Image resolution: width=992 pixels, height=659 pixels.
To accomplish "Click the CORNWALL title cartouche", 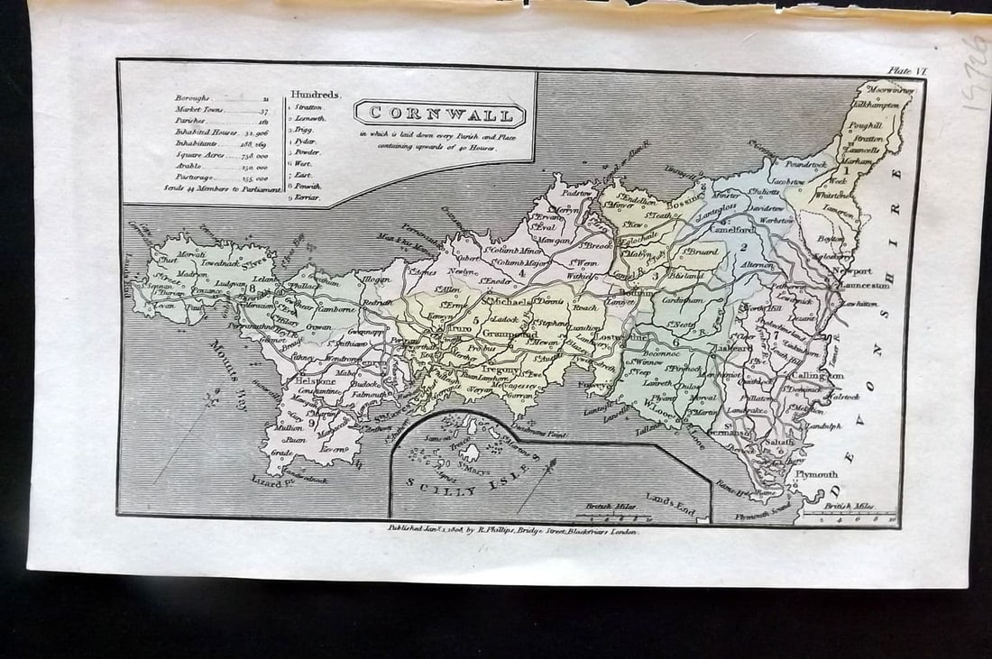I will pyautogui.click(x=440, y=114).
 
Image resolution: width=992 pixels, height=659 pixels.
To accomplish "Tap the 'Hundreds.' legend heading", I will pyautogui.click(x=315, y=94).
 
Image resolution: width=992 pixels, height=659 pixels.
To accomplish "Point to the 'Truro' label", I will pyautogui.click(x=460, y=330).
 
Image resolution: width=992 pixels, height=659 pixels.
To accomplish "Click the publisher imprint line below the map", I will pyautogui.click(x=512, y=533).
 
